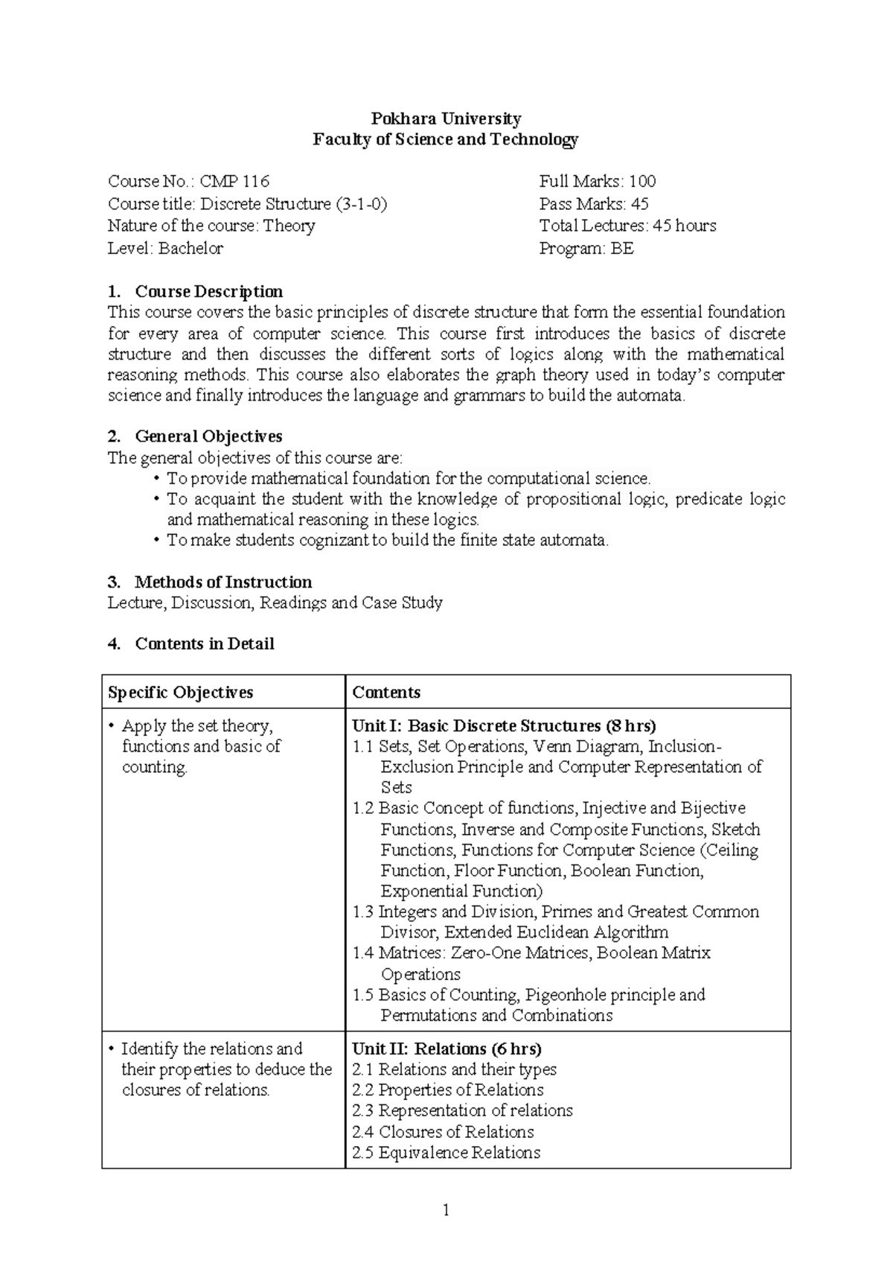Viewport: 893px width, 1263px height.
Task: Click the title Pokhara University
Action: click(446, 118)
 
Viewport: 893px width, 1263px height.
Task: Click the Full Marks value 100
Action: click(642, 181)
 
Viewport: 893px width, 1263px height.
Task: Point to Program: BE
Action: click(586, 248)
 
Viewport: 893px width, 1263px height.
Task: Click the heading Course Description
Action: click(208, 291)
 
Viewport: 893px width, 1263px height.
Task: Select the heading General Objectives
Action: click(208, 436)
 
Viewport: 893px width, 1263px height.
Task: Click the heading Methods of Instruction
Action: click(223, 582)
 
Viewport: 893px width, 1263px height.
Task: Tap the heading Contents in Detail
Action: click(204, 643)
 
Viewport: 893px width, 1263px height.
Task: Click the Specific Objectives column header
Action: click(180, 692)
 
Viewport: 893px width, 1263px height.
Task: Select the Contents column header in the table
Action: click(386, 692)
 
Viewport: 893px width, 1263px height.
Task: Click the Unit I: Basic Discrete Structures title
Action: click(504, 725)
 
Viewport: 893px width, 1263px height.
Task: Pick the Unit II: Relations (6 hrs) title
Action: click(446, 1049)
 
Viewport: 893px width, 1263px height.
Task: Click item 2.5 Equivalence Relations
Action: click(446, 1152)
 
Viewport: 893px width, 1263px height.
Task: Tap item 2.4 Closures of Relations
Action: click(443, 1131)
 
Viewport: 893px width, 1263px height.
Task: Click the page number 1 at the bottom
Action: click(446, 1210)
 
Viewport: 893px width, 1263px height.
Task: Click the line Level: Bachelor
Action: click(165, 248)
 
